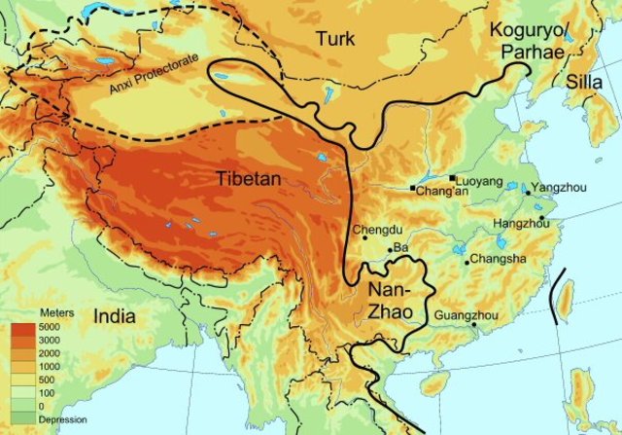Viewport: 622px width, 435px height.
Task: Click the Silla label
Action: coord(586,82)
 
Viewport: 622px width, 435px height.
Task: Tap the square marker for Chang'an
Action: coord(413,187)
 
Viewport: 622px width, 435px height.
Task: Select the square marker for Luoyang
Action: coord(454,177)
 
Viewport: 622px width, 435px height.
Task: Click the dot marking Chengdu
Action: coord(364,239)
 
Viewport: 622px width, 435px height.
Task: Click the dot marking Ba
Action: coord(390,250)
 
